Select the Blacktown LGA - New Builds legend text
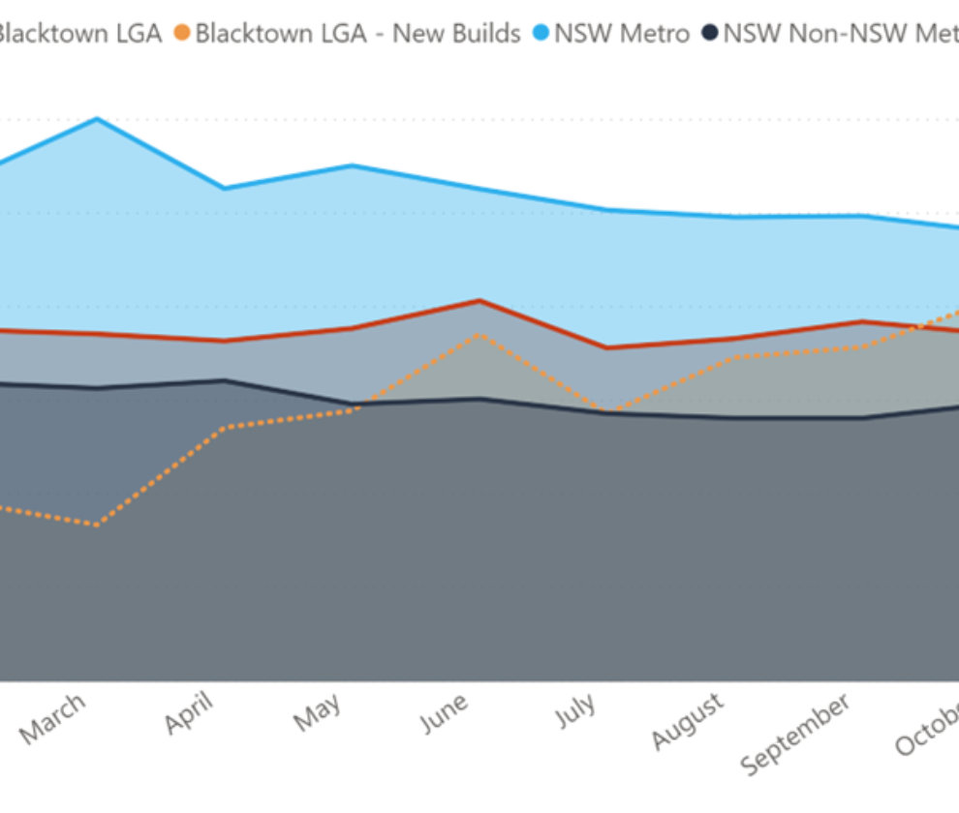(x=357, y=34)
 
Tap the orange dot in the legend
(x=181, y=34)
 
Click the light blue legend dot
(x=541, y=34)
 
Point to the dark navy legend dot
(x=710, y=34)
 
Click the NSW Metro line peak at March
(x=97, y=119)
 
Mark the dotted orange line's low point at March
(x=97, y=526)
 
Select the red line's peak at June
(x=479, y=300)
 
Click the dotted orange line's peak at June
(x=479, y=334)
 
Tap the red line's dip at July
(x=606, y=347)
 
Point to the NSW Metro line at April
(x=225, y=189)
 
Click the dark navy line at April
(x=225, y=380)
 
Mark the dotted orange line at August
(x=735, y=357)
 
